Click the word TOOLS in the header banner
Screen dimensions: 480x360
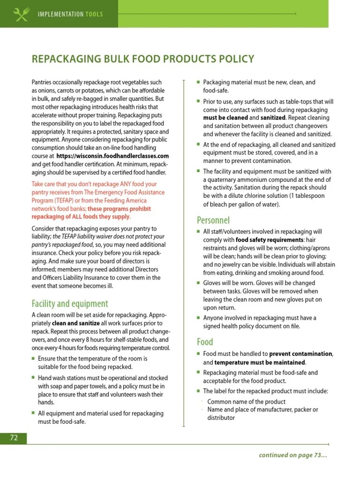(x=94, y=14)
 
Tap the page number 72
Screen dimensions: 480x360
(x=14, y=438)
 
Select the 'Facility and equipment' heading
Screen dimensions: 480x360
(x=70, y=303)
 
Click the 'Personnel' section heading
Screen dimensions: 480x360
(x=213, y=220)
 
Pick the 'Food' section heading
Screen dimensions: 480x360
(x=205, y=342)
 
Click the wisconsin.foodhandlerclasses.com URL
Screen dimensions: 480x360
(x=112, y=156)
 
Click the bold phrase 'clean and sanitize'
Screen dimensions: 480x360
(x=75, y=323)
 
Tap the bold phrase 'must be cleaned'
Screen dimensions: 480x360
(x=225, y=118)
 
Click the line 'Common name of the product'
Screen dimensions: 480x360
(x=246, y=402)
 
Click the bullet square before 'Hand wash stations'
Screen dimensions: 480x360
(x=33, y=377)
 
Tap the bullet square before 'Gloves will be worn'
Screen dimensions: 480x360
(x=198, y=283)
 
